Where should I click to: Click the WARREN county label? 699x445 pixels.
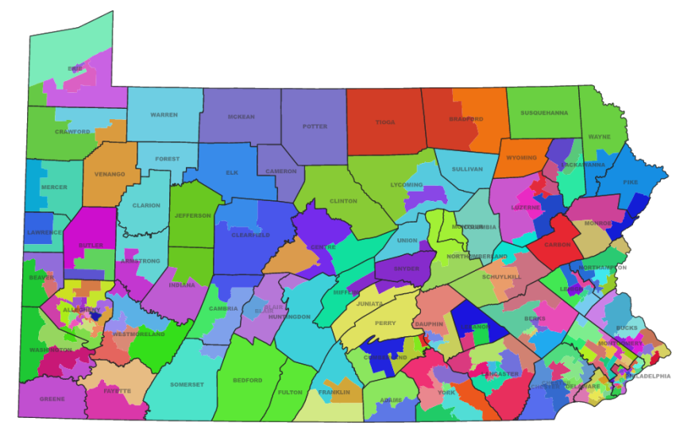164,114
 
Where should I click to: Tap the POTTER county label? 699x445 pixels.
315,126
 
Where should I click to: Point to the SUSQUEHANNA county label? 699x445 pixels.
544,113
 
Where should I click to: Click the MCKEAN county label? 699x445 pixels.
241,117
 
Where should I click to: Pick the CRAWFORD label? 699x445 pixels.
72,131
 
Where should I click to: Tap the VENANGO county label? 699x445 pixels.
110,174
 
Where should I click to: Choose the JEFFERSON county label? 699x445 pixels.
193,215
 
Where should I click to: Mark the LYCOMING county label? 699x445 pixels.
407,185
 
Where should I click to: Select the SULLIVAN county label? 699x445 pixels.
467,169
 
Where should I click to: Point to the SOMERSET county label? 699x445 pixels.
187,385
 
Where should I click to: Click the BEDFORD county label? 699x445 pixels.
247,380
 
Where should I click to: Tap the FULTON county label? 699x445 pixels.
291,392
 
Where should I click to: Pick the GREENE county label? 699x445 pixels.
52,400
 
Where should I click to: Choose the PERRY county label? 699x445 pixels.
385,323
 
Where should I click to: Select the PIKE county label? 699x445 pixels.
631,182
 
